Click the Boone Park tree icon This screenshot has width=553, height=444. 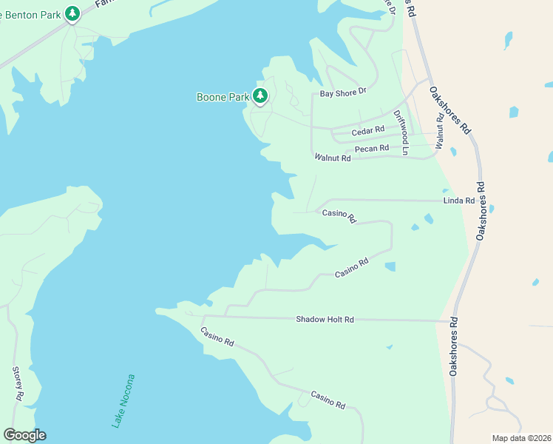coord(259,95)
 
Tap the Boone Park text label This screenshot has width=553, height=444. coord(223,97)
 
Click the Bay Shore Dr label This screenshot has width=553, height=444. coord(343,93)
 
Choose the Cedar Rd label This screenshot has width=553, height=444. coord(368,131)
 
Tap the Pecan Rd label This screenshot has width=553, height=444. coord(371,149)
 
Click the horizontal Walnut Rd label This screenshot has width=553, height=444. coord(332,157)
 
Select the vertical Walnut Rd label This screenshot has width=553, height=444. coord(439,131)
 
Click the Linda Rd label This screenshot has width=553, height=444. coord(458,201)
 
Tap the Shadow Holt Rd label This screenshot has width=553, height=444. coord(325,320)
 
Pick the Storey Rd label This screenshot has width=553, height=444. coord(18,384)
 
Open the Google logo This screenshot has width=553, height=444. coord(24,435)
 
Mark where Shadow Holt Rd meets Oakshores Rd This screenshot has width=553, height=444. coord(453,321)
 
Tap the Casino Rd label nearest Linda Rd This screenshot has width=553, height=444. coord(339,215)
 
